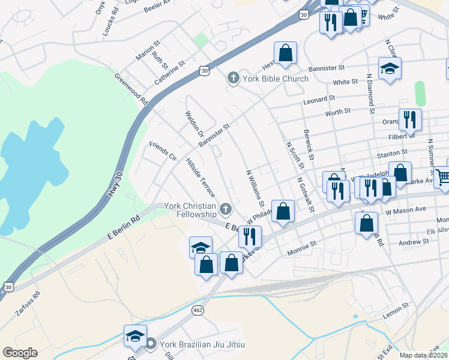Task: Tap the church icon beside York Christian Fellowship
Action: point(226,209)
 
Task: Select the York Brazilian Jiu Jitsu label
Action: point(203,344)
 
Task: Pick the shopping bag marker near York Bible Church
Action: point(285,52)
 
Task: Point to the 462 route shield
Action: point(197,310)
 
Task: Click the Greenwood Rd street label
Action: point(131,89)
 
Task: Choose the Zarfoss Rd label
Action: point(29,304)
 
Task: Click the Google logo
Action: point(20,353)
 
